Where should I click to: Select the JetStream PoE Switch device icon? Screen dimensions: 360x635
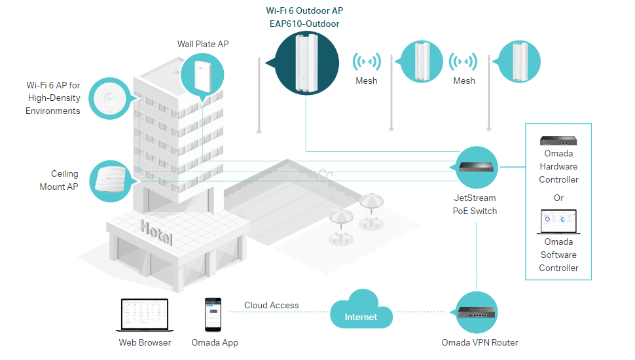tap(475, 167)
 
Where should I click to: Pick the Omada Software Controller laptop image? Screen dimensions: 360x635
tap(558, 223)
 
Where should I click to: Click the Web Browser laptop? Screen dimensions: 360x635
tap(145, 315)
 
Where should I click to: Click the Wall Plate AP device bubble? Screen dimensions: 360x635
tap(202, 72)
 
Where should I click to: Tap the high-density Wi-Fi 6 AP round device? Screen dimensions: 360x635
tap(109, 98)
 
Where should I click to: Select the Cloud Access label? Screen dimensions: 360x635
tap(271, 305)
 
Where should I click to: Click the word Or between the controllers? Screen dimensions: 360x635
tap(558, 198)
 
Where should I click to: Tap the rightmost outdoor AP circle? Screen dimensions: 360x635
tap(519, 62)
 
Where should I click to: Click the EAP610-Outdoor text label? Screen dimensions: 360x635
tap(306, 24)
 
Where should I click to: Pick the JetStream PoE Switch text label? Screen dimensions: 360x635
tap(475, 204)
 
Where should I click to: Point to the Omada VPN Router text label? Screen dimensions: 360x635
tap(479, 342)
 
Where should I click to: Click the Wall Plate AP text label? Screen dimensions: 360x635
tap(203, 45)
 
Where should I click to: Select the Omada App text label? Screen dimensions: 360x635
tap(215, 342)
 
